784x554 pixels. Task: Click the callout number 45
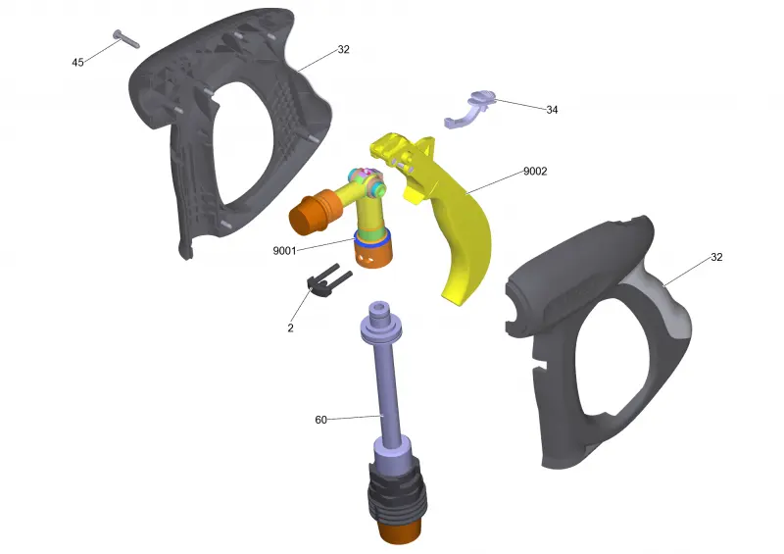[77, 63]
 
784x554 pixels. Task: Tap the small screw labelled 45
[126, 39]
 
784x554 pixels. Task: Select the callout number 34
[552, 110]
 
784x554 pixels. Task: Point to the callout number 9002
[535, 172]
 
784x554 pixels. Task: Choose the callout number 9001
[284, 251]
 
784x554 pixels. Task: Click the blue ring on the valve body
[372, 239]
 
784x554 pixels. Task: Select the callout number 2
[290, 328]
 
